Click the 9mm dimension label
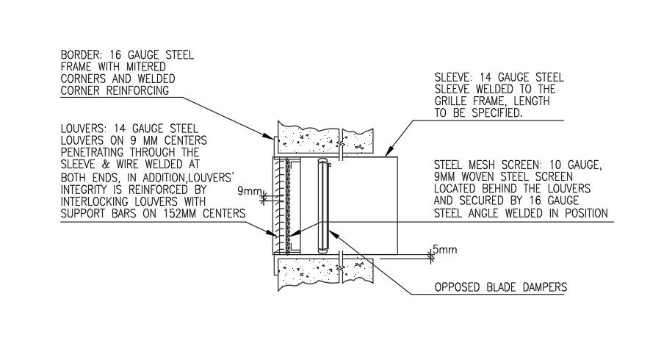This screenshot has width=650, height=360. click(x=250, y=192)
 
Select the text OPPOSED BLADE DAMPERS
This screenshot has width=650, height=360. click(x=502, y=287)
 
